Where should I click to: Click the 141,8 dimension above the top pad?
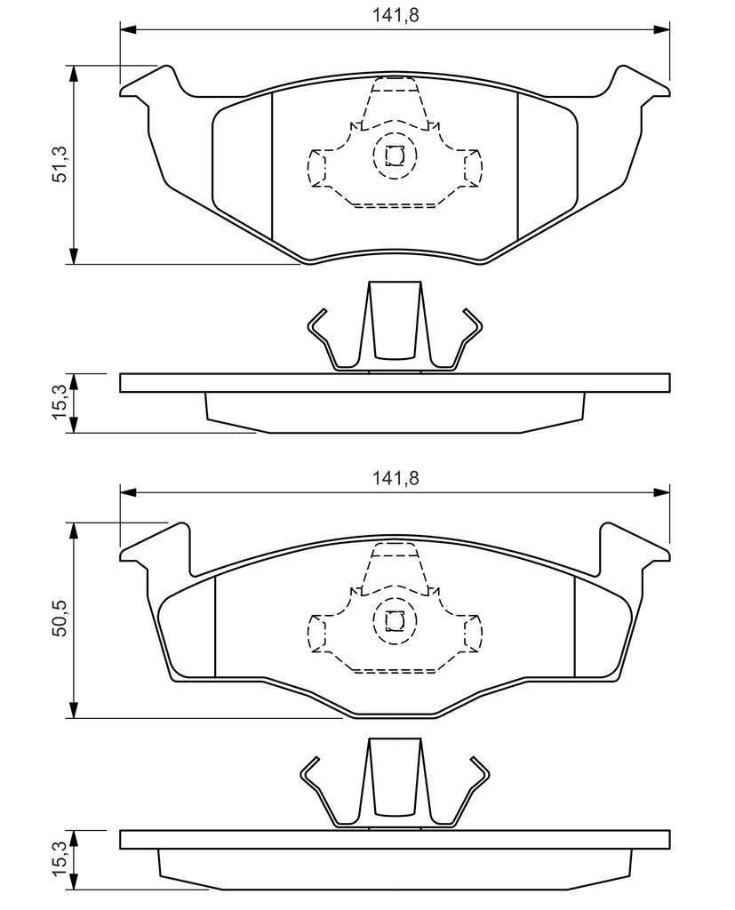click(395, 15)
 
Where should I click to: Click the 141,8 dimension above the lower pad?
click(395, 478)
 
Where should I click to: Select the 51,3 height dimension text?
click(60, 164)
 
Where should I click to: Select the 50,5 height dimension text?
click(60, 619)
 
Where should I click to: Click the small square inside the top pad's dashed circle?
click(395, 156)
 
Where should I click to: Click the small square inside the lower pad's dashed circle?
click(395, 621)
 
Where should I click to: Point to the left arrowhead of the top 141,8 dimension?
click(128, 29)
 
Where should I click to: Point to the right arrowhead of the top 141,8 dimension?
click(661, 29)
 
